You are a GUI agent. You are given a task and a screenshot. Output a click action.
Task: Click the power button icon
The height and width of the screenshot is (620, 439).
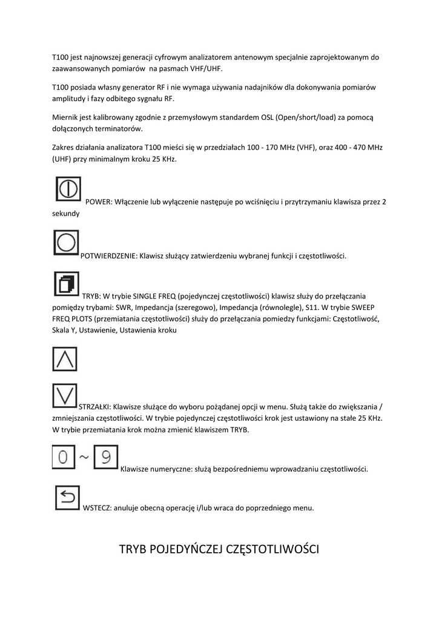tap(68, 189)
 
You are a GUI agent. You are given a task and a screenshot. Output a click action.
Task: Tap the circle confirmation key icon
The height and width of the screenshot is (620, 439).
tap(65, 243)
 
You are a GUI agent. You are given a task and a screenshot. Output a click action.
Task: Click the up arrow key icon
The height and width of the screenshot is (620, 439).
tap(65, 359)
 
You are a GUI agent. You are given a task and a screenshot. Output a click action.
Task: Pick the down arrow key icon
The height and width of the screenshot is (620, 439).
tap(65, 395)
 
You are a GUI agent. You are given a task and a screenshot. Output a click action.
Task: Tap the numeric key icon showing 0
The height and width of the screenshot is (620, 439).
tap(64, 457)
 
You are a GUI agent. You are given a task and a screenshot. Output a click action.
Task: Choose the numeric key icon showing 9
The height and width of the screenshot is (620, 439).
tap(105, 457)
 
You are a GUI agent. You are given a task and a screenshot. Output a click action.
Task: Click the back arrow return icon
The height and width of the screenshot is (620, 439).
tap(67, 498)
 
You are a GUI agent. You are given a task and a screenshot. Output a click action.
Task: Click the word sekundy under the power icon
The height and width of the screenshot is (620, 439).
tap(65, 213)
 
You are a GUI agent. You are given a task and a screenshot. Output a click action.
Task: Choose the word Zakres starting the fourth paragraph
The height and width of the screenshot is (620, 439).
tap(64, 147)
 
